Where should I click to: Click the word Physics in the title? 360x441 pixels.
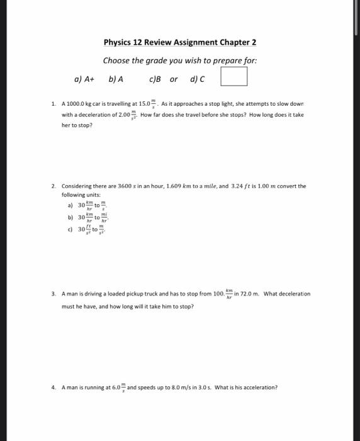tap(118, 43)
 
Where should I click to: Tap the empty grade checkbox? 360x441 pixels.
tap(233, 79)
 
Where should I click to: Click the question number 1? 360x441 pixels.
tap(54, 103)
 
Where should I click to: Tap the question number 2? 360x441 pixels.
tap(54, 186)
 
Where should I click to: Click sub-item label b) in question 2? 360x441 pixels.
tap(71, 218)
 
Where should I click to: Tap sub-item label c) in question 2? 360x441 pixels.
tap(71, 230)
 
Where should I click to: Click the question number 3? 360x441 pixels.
tap(54, 294)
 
